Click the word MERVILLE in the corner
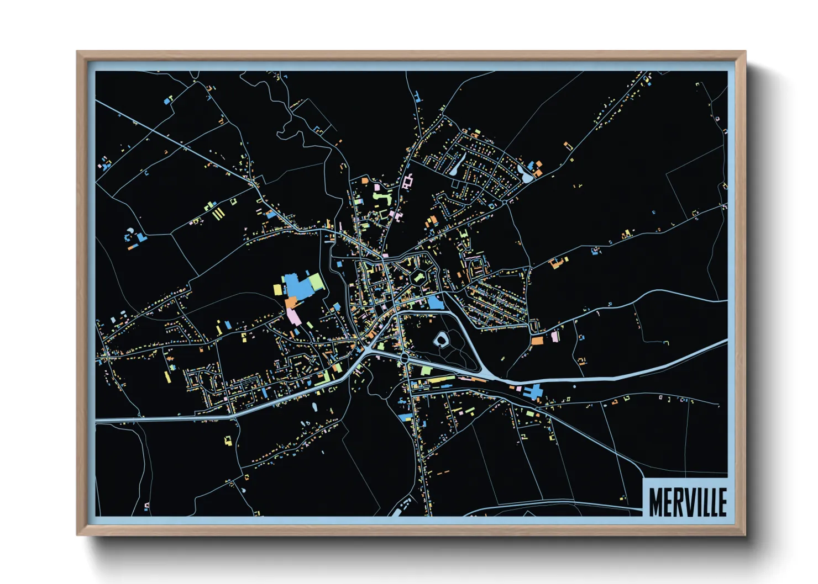(687, 502)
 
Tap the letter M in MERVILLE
(655, 502)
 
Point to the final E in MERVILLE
(721, 502)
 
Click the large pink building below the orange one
(293, 316)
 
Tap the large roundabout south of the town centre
(404, 359)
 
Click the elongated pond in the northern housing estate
(456, 165)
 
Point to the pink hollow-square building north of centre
(408, 182)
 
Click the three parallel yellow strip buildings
(218, 213)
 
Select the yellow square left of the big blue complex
(277, 289)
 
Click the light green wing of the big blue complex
(316, 282)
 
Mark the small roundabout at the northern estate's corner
(506, 201)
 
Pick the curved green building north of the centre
(383, 196)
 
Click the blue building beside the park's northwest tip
(435, 302)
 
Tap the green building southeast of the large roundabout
(426, 370)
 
